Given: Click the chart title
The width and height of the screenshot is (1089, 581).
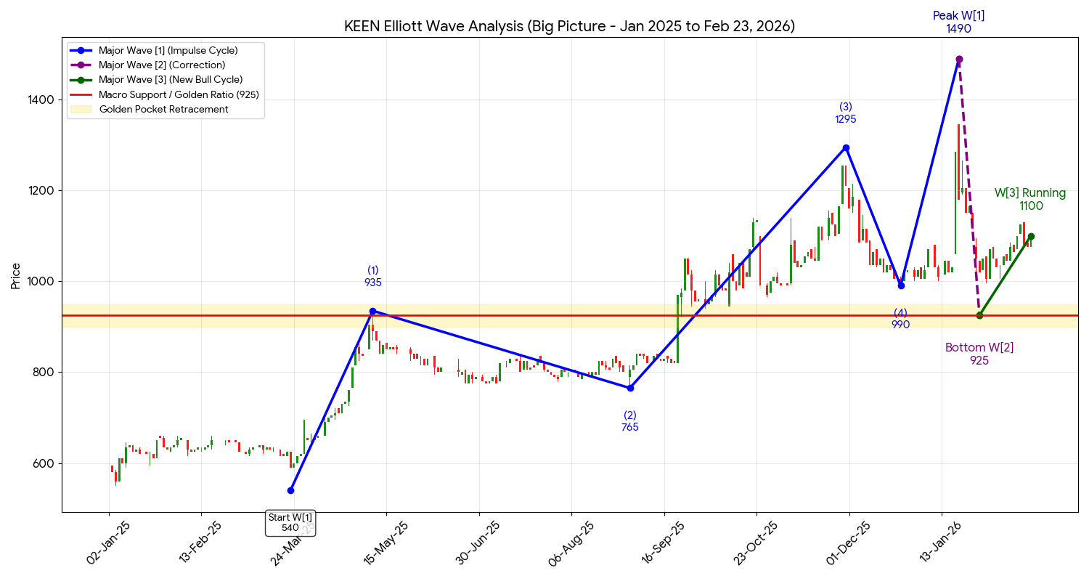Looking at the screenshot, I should coord(569,27).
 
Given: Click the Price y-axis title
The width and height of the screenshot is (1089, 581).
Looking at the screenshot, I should coord(15,276).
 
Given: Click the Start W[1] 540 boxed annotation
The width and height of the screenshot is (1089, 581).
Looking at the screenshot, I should coord(290,522).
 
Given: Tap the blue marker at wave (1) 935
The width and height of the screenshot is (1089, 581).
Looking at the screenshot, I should coord(373,311).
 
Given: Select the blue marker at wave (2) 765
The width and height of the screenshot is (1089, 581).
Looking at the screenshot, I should coord(630,388).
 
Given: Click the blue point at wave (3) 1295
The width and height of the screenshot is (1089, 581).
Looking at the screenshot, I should coord(846,147).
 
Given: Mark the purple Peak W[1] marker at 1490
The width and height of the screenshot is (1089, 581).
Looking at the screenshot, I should coord(959,60).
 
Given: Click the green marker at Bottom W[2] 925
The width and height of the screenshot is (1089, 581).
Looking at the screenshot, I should coord(979,315).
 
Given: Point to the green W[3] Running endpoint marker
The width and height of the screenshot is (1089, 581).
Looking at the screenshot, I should coord(1031,236).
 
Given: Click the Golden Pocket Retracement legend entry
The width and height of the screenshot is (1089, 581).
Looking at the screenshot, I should coord(163,110).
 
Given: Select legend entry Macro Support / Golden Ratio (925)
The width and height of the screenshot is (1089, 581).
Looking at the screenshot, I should coord(179,94).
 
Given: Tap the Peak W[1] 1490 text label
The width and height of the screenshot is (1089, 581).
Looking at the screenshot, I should coord(959,22).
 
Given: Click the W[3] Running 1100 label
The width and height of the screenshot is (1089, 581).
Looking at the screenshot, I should coord(1030,200).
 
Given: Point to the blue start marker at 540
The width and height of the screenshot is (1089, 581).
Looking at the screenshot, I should coord(290,490).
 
